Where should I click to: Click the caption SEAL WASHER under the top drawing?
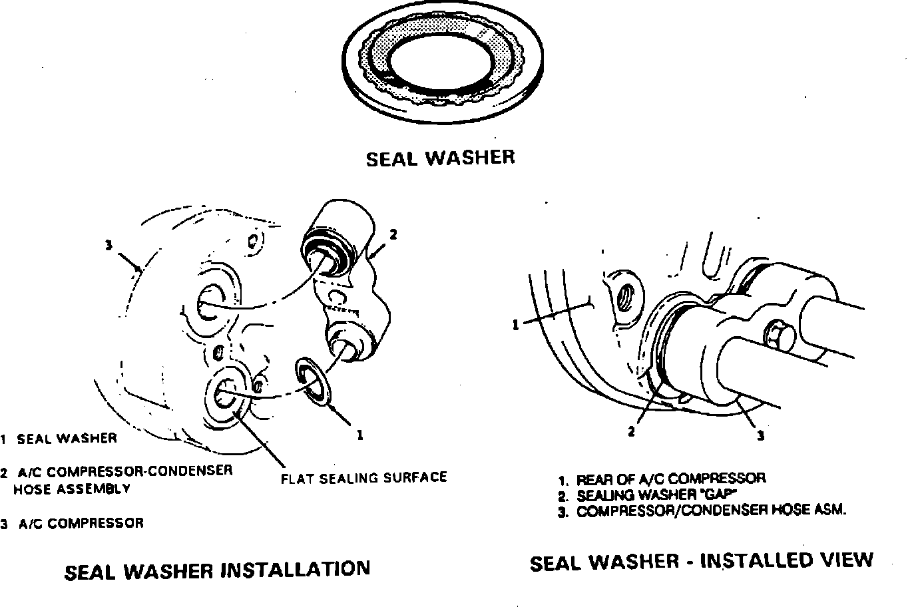441,158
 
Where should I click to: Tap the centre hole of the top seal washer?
441,62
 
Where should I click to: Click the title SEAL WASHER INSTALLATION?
217,570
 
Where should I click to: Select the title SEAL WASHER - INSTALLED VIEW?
702,562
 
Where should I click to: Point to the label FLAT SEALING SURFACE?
364,478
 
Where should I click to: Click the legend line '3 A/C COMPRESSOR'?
72,524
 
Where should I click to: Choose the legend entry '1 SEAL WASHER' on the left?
59,439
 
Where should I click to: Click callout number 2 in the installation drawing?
393,235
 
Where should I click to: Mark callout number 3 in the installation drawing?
108,245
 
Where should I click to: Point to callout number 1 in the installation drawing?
360,435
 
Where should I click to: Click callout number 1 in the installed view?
516,325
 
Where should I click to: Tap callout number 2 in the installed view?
631,431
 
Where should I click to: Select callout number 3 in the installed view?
761,437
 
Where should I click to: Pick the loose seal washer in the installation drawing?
313,382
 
